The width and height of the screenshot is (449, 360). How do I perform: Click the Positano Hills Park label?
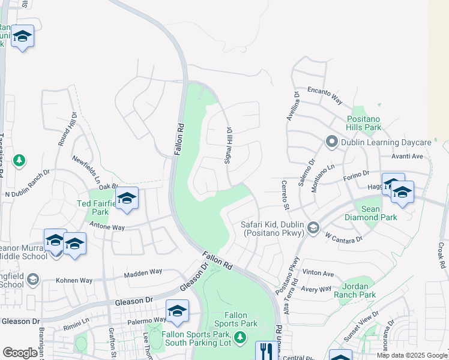point(364,123)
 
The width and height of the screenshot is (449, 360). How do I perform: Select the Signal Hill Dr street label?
point(228,146)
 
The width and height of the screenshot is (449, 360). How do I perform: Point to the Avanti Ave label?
point(408,156)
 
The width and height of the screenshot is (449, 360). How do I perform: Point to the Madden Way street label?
point(143,273)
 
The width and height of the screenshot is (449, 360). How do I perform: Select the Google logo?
point(20,352)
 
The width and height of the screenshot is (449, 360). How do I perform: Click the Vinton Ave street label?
point(318,274)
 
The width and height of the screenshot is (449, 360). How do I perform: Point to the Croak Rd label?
point(441,256)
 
